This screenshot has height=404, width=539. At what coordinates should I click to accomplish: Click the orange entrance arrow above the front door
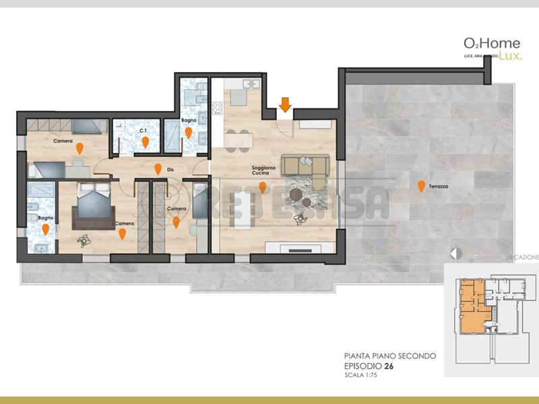pyautogui.click(x=285, y=104)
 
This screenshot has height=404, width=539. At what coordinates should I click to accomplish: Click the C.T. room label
pyautogui.click(x=144, y=131)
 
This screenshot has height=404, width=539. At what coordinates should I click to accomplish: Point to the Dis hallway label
pyautogui.click(x=171, y=169)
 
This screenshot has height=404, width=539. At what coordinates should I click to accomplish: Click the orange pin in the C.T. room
pyautogui.click(x=146, y=142)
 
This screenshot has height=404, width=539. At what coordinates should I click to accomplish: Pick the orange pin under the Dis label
pyautogui.click(x=158, y=169)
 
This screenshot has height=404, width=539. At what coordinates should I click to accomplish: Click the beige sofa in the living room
pyautogui.click(x=305, y=164)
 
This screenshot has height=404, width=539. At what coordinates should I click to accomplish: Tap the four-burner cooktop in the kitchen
pyautogui.click(x=218, y=106)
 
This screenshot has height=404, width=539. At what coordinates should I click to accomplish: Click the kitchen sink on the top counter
pyautogui.click(x=251, y=85)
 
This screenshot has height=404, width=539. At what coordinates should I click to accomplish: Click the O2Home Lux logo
pyautogui.click(x=491, y=48)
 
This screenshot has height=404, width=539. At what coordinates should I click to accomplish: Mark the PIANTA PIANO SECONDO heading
pyautogui.click(x=389, y=356)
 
